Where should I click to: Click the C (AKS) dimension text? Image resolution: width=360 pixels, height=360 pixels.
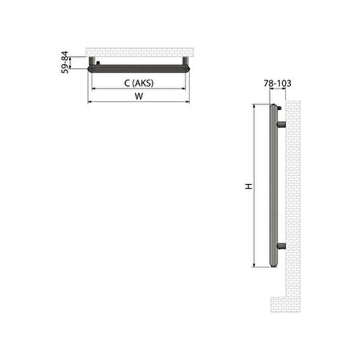pos(139,83)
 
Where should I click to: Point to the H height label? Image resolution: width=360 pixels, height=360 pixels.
pos(250,186)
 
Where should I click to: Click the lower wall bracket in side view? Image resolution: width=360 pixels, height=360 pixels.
pos(282,245)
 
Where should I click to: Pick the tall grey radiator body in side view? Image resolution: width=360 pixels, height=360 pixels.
pos(272,186)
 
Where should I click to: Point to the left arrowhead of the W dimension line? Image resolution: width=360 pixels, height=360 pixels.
pos(90,103)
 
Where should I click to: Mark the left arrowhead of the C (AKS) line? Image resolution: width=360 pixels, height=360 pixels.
pos(95,88)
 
